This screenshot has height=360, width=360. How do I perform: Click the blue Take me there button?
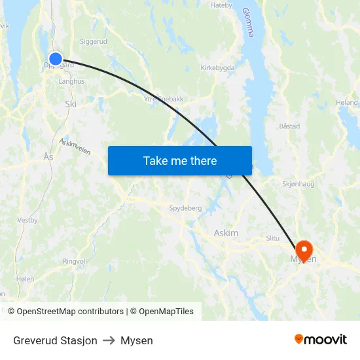(x=180, y=160)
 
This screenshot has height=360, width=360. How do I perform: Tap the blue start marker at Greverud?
(x=56, y=59)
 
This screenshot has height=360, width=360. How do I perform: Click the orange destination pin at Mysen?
(x=304, y=249)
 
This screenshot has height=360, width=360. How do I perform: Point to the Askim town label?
(x=226, y=233)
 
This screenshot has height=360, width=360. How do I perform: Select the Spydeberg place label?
(x=185, y=208)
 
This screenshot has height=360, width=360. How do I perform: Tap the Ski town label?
(x=71, y=103)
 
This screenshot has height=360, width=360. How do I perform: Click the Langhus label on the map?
(x=71, y=82)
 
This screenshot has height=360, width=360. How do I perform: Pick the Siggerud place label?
(x=93, y=41)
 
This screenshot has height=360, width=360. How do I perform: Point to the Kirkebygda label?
(x=217, y=67)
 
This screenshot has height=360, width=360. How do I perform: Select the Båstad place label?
(x=289, y=126)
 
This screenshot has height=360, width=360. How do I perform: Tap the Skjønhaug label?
(x=298, y=184)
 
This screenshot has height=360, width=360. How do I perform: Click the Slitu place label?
(x=272, y=238)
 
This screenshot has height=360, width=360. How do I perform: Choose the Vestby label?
(x=27, y=221)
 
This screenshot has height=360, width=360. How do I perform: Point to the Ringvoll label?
(x=75, y=261)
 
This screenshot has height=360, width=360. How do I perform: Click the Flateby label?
(x=221, y=5)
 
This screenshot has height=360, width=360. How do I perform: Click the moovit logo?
(x=320, y=339)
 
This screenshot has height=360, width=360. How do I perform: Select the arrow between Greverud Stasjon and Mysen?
(x=109, y=341)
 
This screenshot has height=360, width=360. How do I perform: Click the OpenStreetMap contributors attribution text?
(x=71, y=312)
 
